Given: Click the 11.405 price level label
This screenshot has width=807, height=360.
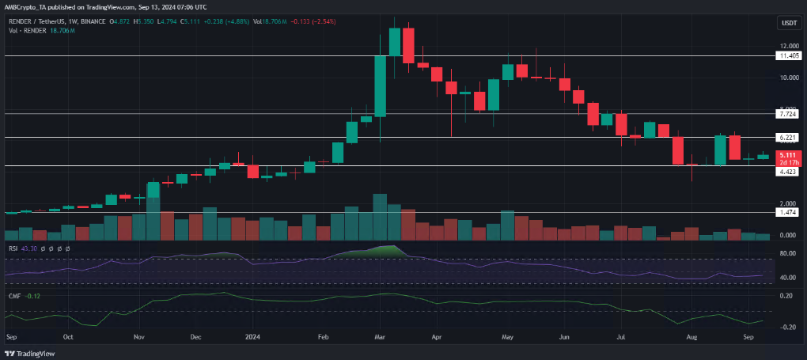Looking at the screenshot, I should (787, 56).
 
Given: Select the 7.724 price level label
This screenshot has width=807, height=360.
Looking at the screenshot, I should (787, 114).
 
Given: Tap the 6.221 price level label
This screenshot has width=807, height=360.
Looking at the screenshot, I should (787, 138).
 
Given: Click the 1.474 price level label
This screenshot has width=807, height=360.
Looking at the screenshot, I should (787, 213).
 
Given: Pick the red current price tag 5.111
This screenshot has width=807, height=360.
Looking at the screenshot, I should (787, 155).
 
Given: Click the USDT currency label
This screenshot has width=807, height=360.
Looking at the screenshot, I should (788, 24).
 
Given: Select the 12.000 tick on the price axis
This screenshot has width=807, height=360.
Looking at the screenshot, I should (787, 47).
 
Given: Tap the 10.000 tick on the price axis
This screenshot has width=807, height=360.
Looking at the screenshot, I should (787, 78).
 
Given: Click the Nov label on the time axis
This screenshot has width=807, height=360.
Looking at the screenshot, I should (138, 335).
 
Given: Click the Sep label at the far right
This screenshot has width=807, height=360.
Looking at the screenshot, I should (748, 335).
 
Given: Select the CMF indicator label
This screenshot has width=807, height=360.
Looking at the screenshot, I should (14, 297).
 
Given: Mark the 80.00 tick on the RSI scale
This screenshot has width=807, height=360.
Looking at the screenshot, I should (787, 254).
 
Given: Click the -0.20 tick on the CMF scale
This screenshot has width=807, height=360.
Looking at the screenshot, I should (787, 327).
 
